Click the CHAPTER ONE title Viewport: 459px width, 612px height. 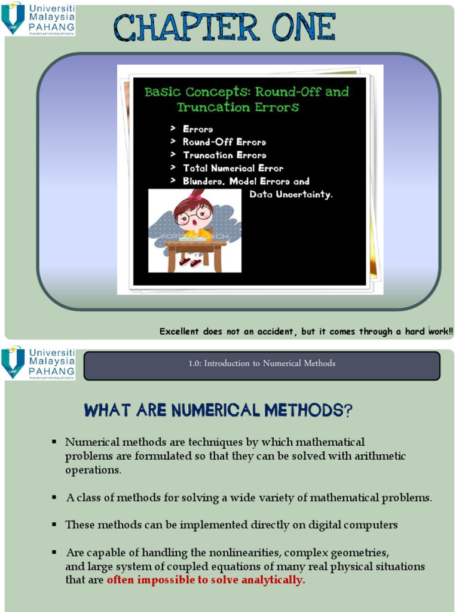[x=224, y=28]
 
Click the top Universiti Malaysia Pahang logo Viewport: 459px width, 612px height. [x=39, y=19]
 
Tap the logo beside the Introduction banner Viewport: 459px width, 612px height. [x=39, y=363]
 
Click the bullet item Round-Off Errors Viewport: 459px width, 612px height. [x=224, y=142]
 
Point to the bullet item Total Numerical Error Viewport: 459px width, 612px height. [x=233, y=169]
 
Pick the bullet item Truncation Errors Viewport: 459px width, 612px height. [x=225, y=155]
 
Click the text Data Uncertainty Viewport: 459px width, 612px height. [x=290, y=195]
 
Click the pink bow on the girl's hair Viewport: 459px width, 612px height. [x=195, y=195]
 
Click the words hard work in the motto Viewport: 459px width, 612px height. [x=429, y=331]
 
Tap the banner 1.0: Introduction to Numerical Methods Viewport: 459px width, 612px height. [x=262, y=363]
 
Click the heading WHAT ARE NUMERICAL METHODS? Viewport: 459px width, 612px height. [x=218, y=411]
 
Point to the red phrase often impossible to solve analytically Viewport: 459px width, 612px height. [x=206, y=580]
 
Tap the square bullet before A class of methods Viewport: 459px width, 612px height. [x=54, y=497]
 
